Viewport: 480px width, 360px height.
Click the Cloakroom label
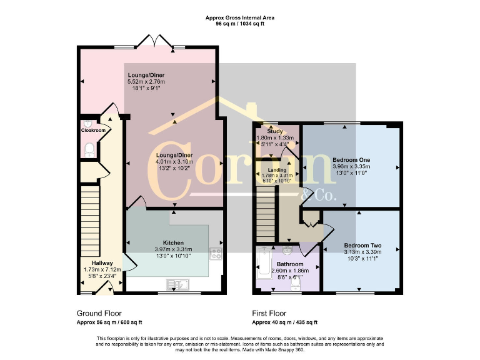[93, 131]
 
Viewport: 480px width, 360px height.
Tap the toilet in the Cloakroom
[89, 149]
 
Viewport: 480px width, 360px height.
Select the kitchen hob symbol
[216, 254]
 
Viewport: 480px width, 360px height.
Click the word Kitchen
[173, 242]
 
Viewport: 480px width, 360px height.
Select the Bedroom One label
[351, 160]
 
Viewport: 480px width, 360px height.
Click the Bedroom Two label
[362, 246]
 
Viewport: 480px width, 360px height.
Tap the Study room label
[267, 131]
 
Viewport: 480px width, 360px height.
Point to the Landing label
[277, 170]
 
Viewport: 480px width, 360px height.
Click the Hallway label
[102, 263]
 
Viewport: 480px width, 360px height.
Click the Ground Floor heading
[99, 312]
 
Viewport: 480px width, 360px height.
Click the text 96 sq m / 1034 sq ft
[240, 24]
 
